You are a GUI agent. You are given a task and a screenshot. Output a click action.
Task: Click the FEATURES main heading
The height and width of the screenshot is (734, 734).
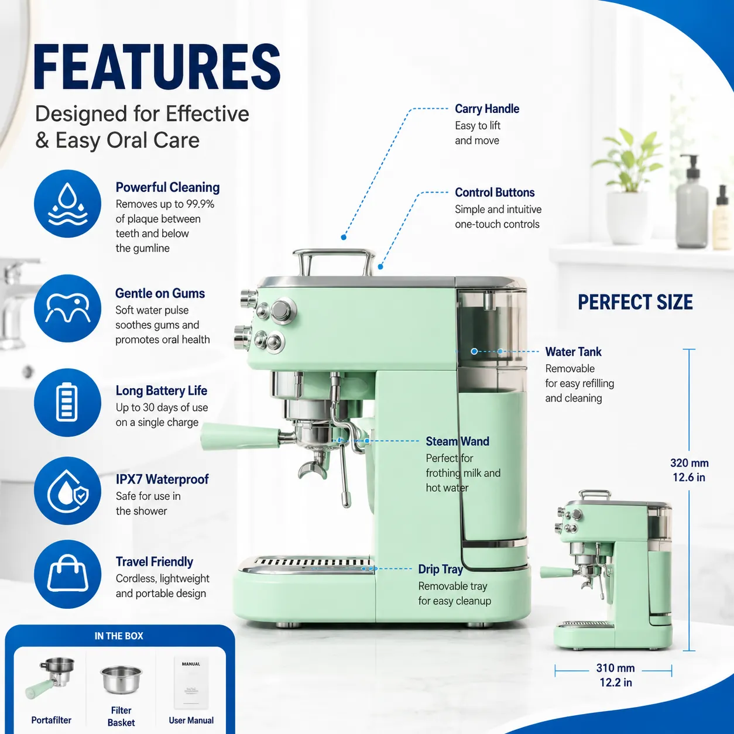pos(157,67)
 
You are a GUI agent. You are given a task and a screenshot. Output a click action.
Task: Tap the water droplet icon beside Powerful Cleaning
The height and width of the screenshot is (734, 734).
pos(68,204)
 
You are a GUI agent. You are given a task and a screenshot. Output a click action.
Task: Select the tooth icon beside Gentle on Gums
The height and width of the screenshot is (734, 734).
pos(68,308)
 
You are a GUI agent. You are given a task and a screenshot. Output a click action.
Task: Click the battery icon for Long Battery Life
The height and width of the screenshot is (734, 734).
pos(68,402)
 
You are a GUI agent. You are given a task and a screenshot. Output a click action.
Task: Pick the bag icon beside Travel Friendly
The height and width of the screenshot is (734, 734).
pos(68,574)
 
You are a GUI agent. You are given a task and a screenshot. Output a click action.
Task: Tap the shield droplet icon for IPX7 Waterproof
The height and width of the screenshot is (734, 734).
pos(68,491)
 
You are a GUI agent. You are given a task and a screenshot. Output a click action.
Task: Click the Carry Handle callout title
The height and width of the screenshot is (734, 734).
pos(487,109)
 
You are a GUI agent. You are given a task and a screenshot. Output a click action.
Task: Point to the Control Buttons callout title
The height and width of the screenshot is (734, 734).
pos(495,193)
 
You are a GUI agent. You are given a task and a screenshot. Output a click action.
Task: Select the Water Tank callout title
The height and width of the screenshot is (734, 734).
pos(573,352)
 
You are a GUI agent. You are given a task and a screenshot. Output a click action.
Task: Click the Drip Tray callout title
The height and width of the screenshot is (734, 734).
pos(440,569)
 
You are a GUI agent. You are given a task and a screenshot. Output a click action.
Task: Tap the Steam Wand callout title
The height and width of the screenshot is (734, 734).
pos(457,441)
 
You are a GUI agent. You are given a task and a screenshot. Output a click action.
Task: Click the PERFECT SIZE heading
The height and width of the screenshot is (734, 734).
pos(635,303)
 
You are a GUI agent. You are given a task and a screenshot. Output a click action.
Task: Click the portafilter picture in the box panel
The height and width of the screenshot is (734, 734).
pos(50,677)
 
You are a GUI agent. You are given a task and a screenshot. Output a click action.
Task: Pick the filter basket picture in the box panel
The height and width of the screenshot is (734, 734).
pos(121,680)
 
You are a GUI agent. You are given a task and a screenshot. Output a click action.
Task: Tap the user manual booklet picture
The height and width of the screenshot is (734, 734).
pos(191,682)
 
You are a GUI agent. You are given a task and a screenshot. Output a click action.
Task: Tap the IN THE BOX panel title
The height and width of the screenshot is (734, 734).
pos(119,636)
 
